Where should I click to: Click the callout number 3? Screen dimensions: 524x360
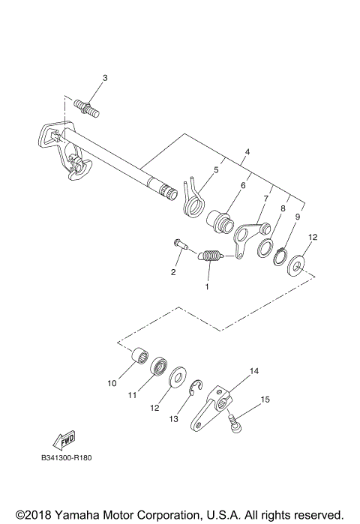pyautogui.click(x=105, y=78)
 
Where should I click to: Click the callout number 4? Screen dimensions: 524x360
pyautogui.click(x=246, y=152)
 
